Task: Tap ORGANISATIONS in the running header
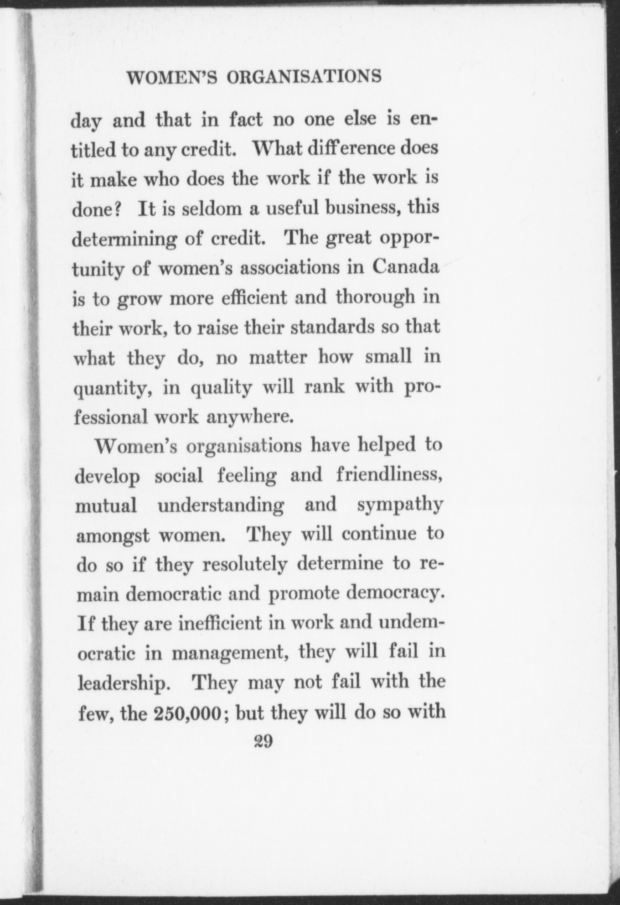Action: (304, 76)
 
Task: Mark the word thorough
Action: (375, 297)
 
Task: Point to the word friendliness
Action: (388, 475)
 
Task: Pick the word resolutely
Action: (245, 565)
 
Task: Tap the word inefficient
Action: (220, 623)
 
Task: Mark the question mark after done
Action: (116, 208)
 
